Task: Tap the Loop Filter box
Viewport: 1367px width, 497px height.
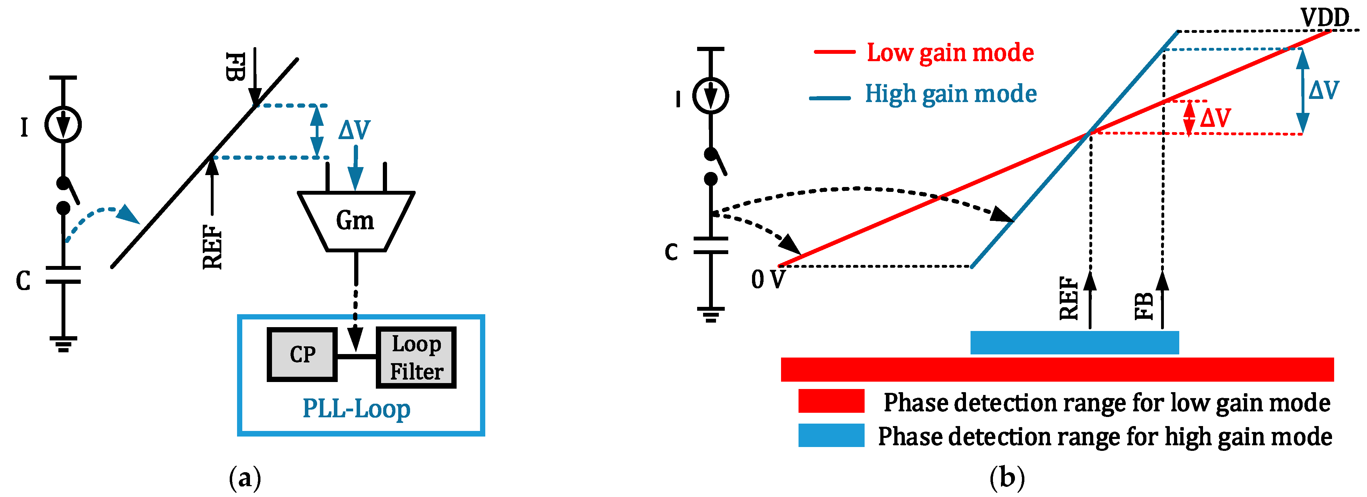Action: (416, 358)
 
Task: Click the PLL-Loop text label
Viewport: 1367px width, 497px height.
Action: (356, 409)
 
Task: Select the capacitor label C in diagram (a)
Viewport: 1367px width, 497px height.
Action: (23, 281)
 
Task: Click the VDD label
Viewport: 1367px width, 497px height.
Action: (1325, 17)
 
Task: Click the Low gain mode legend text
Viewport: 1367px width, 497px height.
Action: (950, 52)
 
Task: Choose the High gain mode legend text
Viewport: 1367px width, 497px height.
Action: (950, 94)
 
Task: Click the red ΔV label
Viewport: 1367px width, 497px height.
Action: (1215, 118)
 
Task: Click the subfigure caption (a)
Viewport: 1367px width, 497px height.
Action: (245, 478)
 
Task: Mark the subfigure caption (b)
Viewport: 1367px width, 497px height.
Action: (1007, 478)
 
